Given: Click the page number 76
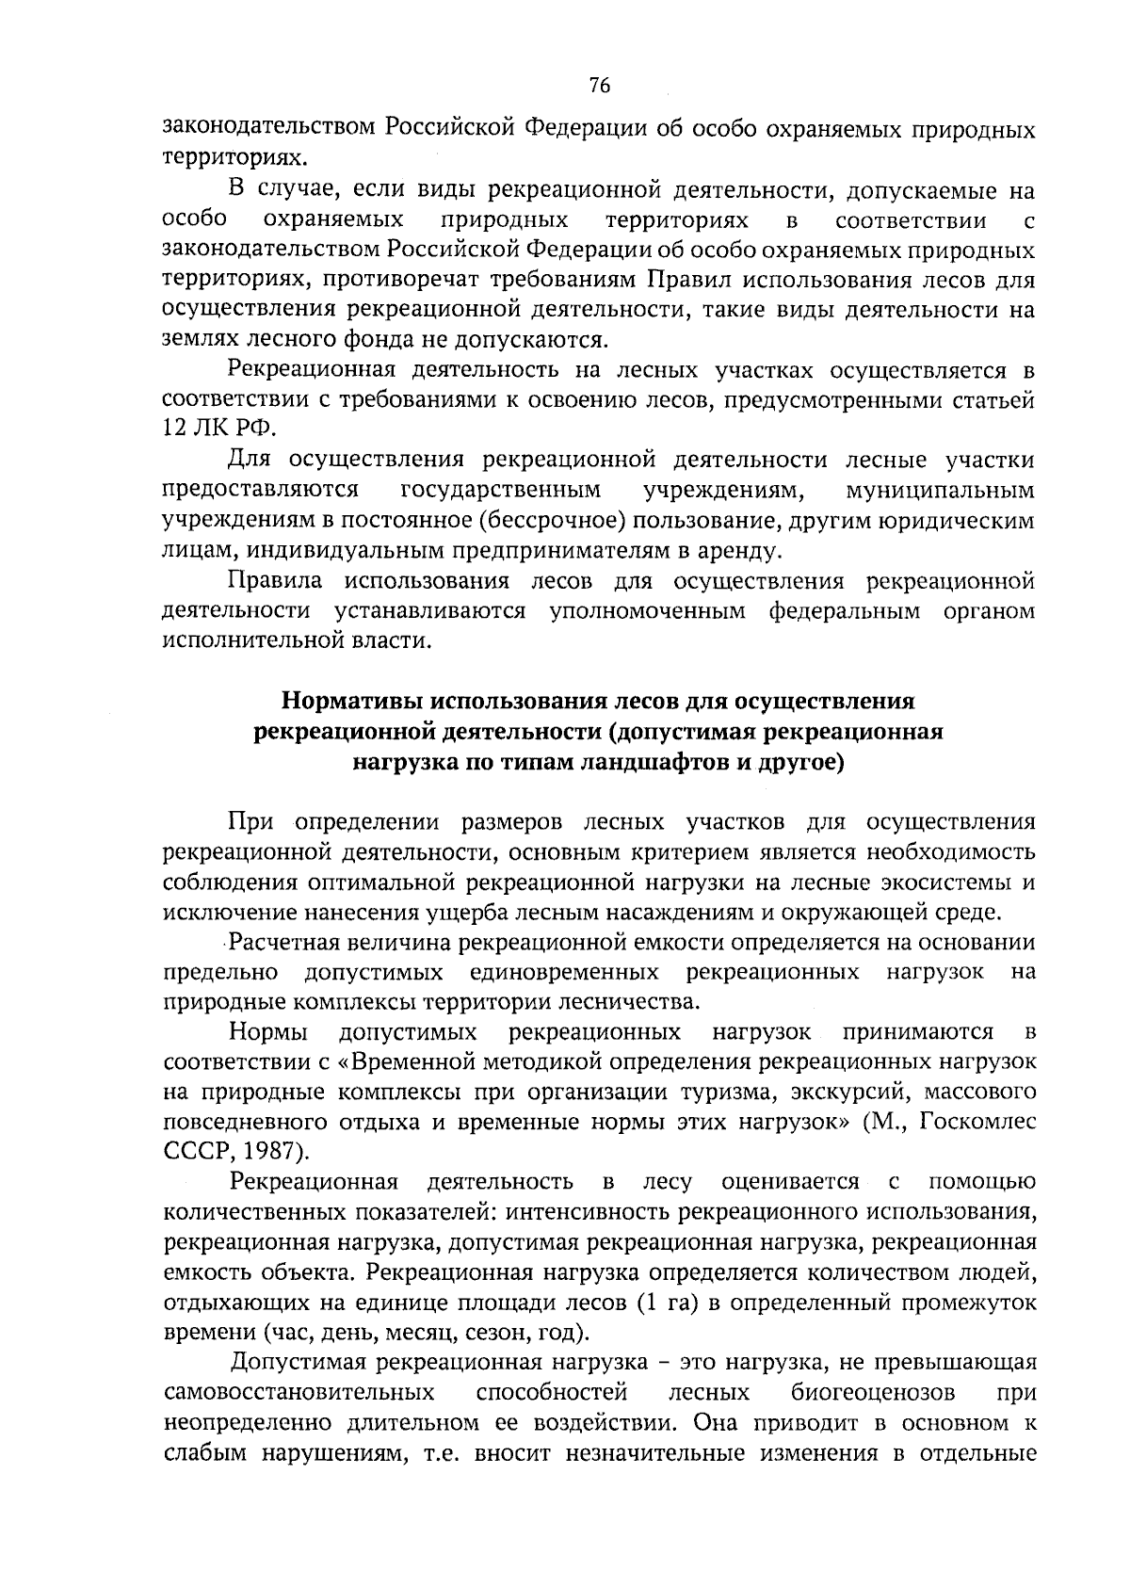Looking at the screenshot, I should [x=600, y=86].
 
